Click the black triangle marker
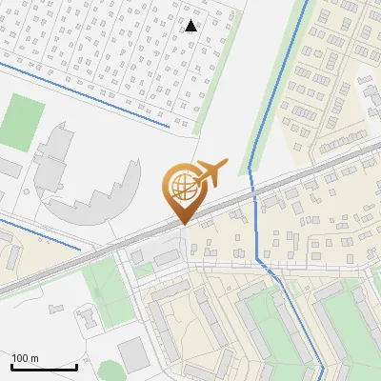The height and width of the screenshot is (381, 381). (x=191, y=26)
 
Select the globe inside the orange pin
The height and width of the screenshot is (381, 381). (x=183, y=184)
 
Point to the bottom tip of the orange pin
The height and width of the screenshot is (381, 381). (x=183, y=224)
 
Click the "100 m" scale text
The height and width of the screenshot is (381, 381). (x=25, y=357)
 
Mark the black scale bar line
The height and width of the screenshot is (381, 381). (x=44, y=367)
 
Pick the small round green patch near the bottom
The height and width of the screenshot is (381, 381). (x=110, y=369)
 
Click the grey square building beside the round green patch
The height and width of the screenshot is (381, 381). (x=133, y=354)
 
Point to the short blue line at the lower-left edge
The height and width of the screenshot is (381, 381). (x=29, y=230)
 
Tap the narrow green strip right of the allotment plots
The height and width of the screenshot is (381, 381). (x=215, y=76)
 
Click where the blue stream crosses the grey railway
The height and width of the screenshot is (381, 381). (x=252, y=190)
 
